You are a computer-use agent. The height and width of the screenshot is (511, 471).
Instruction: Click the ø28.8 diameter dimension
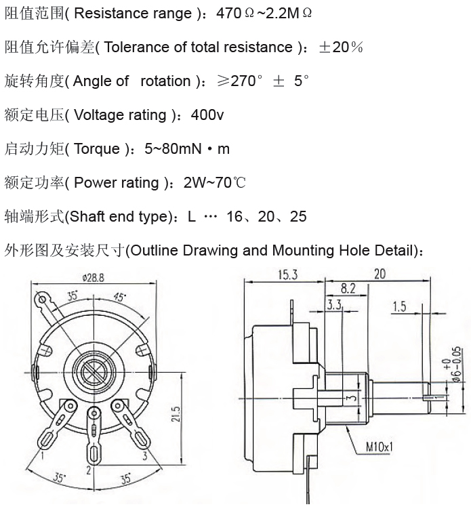coord(94,278)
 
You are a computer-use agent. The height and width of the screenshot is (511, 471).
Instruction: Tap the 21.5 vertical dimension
coord(176,414)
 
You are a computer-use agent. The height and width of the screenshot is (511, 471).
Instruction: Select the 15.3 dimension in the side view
coord(287,274)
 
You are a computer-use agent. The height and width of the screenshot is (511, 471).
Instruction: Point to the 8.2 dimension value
coord(348,289)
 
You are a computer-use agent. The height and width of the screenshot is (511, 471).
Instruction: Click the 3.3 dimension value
coord(334,305)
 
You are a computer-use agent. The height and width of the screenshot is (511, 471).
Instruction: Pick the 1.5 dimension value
coord(399,306)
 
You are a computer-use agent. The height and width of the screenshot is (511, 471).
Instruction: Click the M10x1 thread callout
coord(379,446)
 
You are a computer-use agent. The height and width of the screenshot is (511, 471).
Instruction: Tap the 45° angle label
coord(120,297)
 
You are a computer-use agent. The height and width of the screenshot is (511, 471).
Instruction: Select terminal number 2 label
coord(88,470)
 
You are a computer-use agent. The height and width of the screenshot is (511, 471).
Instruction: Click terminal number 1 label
coord(43,455)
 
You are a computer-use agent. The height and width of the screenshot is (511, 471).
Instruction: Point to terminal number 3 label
coord(145,455)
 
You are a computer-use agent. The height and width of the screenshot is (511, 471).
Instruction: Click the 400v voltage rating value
coord(207,115)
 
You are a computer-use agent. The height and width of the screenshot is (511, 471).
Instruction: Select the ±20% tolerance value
coord(341,47)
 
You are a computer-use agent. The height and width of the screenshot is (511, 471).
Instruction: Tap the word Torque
coord(97,149)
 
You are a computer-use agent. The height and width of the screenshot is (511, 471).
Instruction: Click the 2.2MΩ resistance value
coord(289,13)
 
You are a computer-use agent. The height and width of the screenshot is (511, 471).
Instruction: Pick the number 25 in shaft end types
coord(298,216)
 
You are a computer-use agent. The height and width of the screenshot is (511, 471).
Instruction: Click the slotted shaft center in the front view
coord(94,371)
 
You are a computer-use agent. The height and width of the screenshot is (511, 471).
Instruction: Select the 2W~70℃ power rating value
coord(214,182)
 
